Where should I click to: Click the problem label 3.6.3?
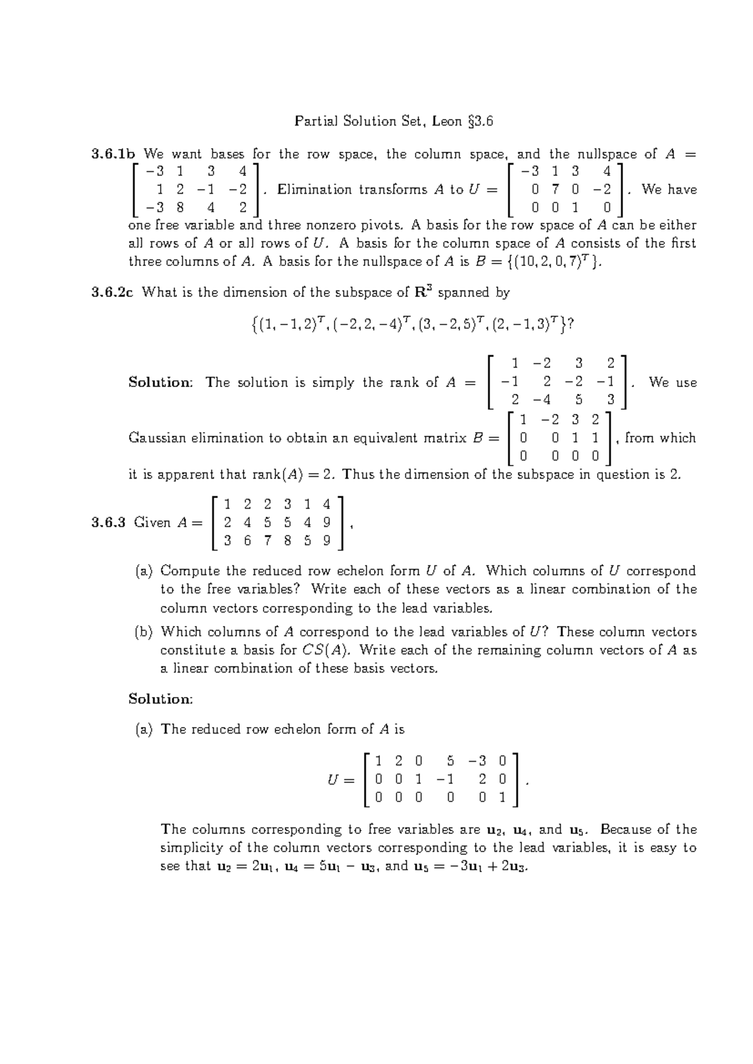[x=109, y=523]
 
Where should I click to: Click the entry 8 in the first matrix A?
[x=181, y=208]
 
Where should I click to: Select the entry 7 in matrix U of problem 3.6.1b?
[x=555, y=189]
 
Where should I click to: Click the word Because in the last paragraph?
[x=626, y=829]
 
